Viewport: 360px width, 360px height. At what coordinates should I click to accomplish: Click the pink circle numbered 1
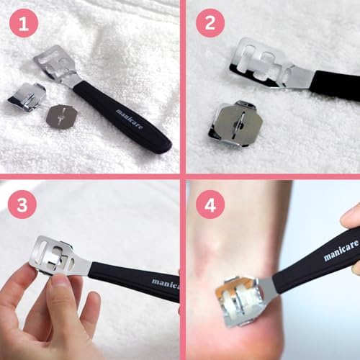point(24,23)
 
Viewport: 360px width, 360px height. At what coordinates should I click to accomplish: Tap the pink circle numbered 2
point(210,23)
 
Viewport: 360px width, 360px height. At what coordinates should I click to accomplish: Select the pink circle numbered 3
point(22,204)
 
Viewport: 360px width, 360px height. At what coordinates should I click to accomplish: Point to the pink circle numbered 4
point(210,204)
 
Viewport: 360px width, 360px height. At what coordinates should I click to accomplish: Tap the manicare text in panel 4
point(341,250)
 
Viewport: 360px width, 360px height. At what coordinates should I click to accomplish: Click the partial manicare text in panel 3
point(166,283)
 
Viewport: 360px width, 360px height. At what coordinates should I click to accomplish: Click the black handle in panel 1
point(122,116)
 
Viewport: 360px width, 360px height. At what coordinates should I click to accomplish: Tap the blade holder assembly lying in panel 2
point(235,124)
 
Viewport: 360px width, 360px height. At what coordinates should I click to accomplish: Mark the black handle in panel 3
point(135,282)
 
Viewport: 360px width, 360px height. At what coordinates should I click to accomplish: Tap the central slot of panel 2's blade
point(242,122)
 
